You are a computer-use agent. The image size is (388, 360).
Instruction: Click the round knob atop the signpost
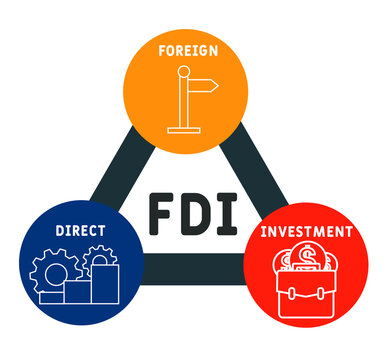click(x=182, y=71)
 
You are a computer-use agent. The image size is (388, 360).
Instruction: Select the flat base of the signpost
click(x=184, y=127)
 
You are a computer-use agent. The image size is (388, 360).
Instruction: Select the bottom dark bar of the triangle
click(x=190, y=268)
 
